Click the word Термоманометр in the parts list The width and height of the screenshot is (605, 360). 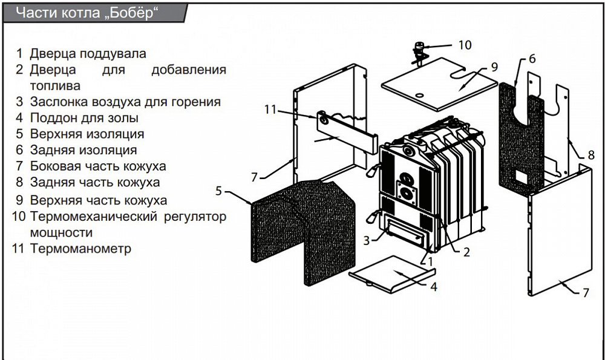pos(80,249)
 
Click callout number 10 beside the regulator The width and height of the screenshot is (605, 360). pos(464,45)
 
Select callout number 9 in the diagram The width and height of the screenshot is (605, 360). pos(494,66)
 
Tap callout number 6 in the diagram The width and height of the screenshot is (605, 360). pos(532,59)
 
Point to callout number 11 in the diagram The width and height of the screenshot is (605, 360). pos(270,110)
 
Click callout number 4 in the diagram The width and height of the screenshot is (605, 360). pos(433,287)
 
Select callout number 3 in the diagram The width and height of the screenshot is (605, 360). pos(366,240)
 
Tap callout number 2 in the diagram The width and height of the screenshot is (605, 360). pos(466,252)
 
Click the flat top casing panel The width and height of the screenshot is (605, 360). pos(436,83)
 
